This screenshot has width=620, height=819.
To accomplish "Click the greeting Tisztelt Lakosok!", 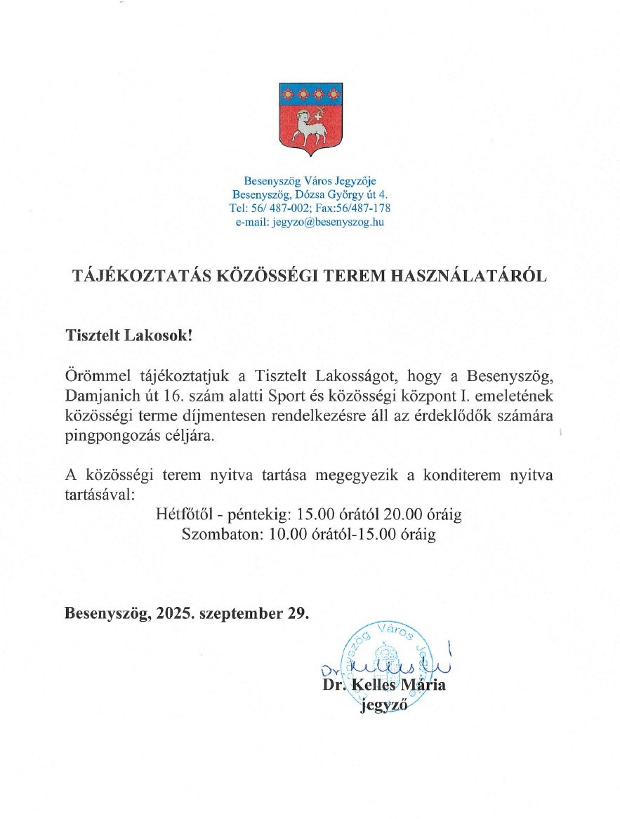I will pos(128,335).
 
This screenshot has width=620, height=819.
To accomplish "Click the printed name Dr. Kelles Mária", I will pos(383,685).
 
